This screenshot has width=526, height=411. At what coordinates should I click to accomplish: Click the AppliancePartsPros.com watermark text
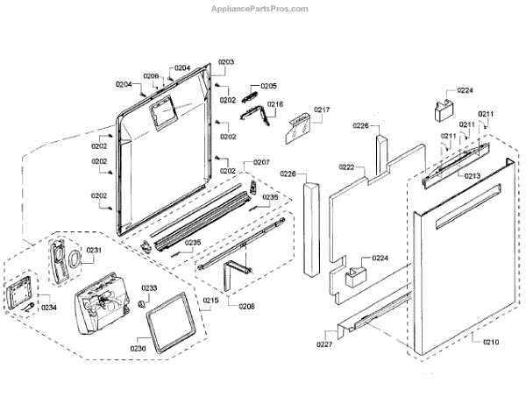(259, 9)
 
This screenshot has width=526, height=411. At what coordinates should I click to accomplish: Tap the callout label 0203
(226, 62)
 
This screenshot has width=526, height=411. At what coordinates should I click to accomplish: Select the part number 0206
(151, 76)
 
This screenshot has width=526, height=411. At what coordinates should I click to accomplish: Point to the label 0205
(268, 86)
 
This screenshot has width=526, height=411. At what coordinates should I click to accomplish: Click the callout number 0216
(275, 104)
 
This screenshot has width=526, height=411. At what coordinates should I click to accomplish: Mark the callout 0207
(262, 163)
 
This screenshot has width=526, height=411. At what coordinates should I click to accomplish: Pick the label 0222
(346, 167)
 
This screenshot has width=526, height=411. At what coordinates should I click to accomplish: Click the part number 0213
(473, 176)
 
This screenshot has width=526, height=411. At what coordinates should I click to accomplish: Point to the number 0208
(247, 307)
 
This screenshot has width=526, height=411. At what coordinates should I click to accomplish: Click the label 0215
(210, 301)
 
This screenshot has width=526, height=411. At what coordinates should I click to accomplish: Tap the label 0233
(149, 288)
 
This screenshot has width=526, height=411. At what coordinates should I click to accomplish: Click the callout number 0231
(94, 251)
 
